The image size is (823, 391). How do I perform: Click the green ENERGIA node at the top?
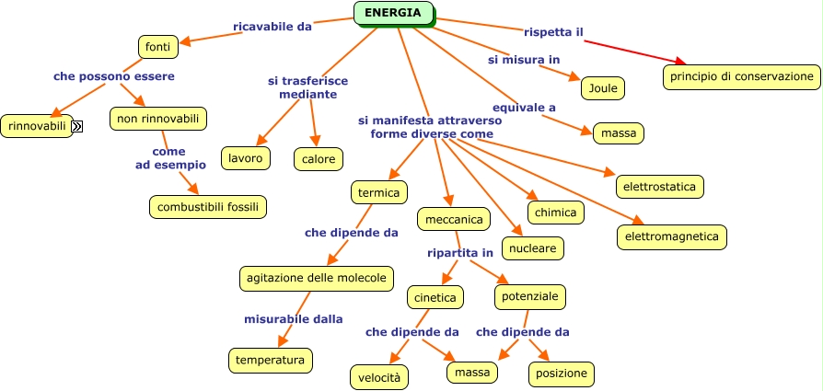[x=393, y=13]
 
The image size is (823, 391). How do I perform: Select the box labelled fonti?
[x=157, y=46]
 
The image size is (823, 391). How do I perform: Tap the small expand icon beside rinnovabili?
[x=77, y=126]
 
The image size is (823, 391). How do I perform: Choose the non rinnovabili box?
[x=157, y=119]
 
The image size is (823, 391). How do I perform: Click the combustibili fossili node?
[x=209, y=206]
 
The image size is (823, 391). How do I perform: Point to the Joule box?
[x=603, y=87]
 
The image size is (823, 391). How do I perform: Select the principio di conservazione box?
[x=741, y=76]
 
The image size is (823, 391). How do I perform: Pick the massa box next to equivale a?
[x=618, y=133]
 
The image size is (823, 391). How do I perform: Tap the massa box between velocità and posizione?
[x=473, y=372]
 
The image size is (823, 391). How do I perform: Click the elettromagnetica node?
[x=671, y=236]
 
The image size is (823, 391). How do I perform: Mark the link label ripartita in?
[x=460, y=252]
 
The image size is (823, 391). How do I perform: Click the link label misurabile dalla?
[x=293, y=319]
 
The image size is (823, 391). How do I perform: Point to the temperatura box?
[x=270, y=360]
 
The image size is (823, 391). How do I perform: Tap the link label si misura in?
[x=524, y=60]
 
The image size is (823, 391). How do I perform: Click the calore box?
[x=319, y=159]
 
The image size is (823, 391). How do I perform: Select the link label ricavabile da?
[x=272, y=27]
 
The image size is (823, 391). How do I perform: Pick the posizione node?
[x=561, y=374]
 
